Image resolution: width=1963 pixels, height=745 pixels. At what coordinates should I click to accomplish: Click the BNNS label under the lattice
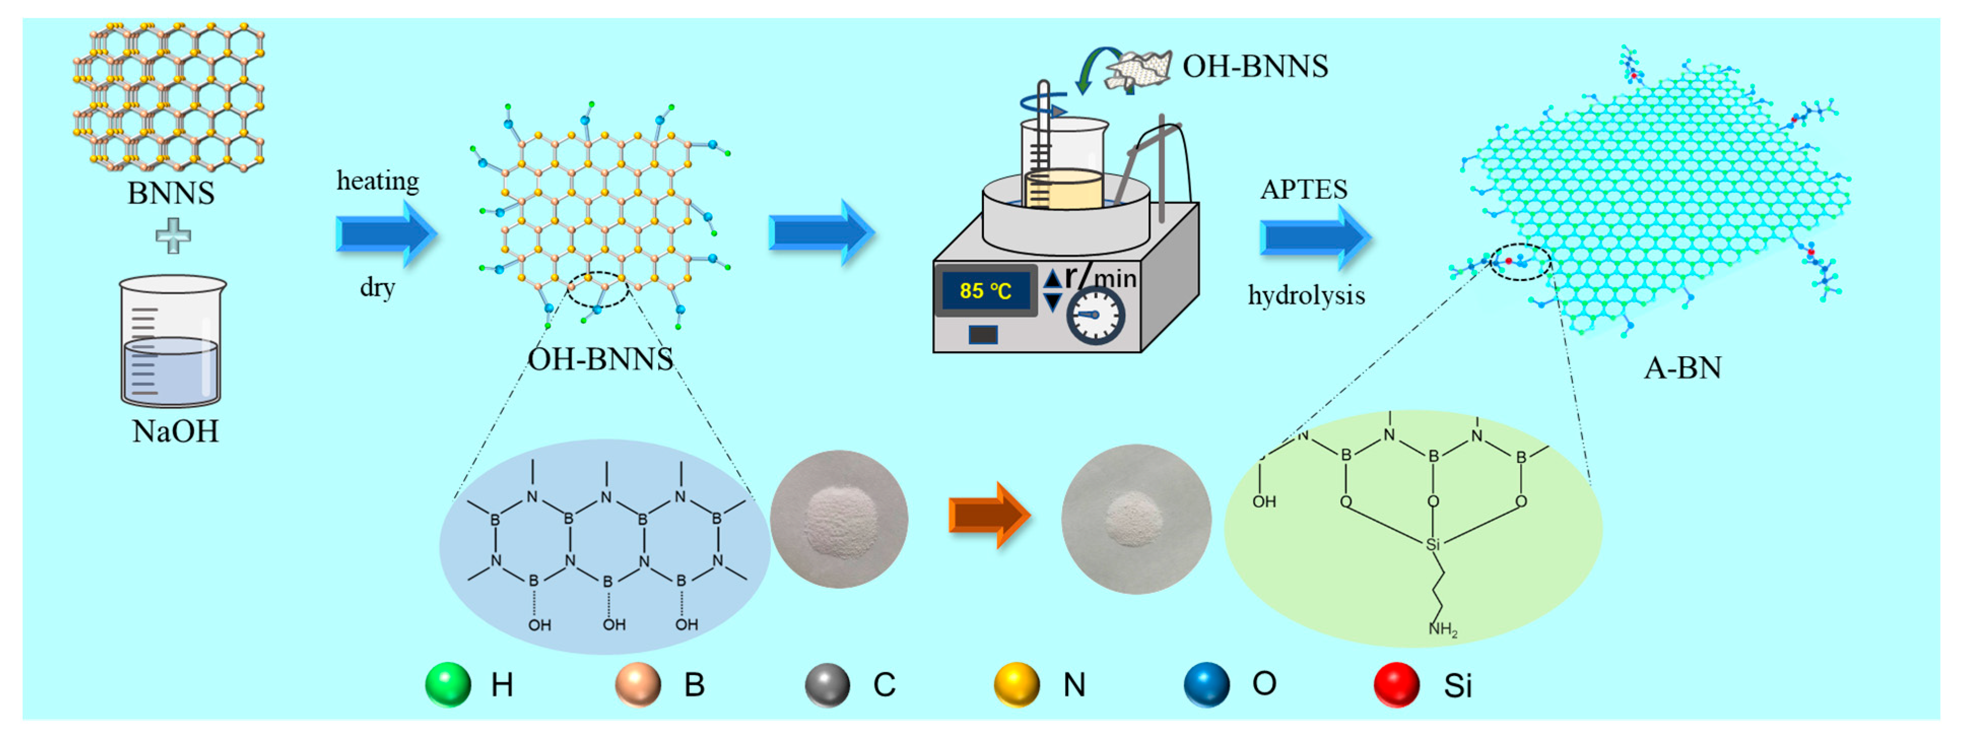point(171,193)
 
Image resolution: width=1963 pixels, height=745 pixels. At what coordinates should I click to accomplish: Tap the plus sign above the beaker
point(173,235)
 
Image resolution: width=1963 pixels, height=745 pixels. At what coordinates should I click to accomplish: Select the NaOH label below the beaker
point(175,431)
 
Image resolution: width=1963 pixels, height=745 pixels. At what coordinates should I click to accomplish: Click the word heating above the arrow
point(378,181)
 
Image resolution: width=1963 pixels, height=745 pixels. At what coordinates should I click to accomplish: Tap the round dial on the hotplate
point(1095,315)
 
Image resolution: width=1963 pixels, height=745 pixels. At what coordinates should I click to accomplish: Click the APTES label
point(1303,189)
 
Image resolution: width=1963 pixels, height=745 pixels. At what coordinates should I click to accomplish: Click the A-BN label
point(1682,368)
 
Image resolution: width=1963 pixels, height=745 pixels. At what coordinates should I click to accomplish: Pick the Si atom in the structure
point(1433,544)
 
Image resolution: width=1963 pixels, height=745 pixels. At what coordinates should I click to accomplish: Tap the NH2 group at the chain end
point(1442,629)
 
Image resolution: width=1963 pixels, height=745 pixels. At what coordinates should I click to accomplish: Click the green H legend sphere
point(448,684)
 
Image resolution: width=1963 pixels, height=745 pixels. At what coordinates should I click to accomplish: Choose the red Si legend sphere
point(1396,684)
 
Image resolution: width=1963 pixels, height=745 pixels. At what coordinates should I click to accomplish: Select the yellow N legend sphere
point(1017,684)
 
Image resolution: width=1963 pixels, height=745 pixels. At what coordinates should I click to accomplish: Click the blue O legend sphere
point(1206,684)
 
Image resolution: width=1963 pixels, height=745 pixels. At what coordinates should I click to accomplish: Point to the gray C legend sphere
point(827,684)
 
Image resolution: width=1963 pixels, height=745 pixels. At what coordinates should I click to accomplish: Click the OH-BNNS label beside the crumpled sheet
point(1255,66)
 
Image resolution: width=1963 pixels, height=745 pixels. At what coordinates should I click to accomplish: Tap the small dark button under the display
point(983,334)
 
